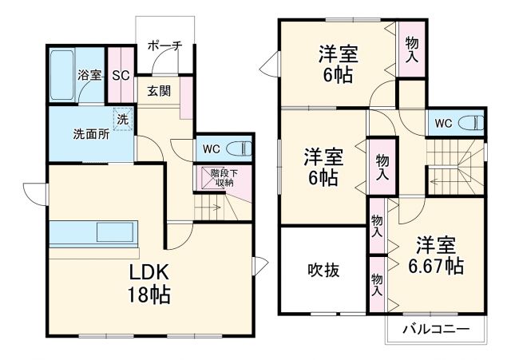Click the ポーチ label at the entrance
tap(164, 45)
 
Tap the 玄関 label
tap(158, 91)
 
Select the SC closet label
tap(121, 76)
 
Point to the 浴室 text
tap(89, 76)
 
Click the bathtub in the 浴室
tap(61, 76)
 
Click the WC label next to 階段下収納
tap(210, 148)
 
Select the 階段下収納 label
tap(222, 177)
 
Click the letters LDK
tap(150, 271)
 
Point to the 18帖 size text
tap(150, 294)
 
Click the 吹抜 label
tap(323, 270)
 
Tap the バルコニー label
tap(434, 329)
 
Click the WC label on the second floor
tap(444, 123)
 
